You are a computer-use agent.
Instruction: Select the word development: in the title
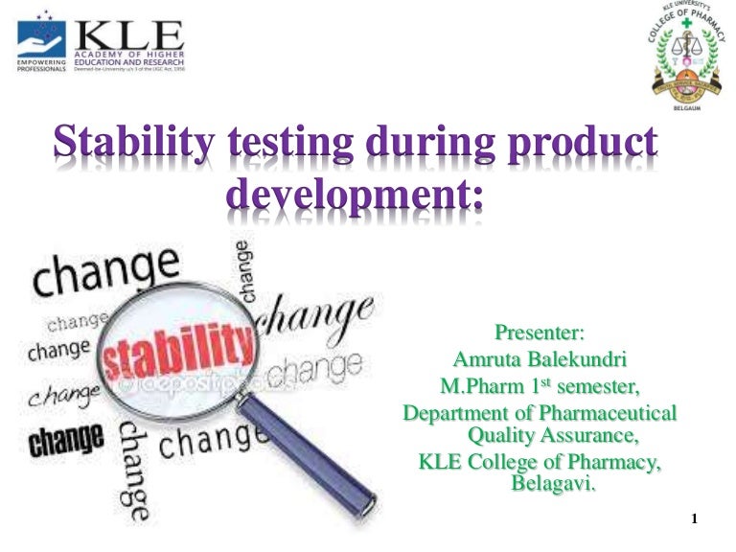coord(355,195)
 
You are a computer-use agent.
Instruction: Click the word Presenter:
coord(539,333)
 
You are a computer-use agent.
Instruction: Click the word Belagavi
coord(553,483)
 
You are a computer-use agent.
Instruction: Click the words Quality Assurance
coord(552,436)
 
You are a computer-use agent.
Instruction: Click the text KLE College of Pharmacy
coord(540,464)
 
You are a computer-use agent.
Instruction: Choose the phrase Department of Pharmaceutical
coord(540,414)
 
